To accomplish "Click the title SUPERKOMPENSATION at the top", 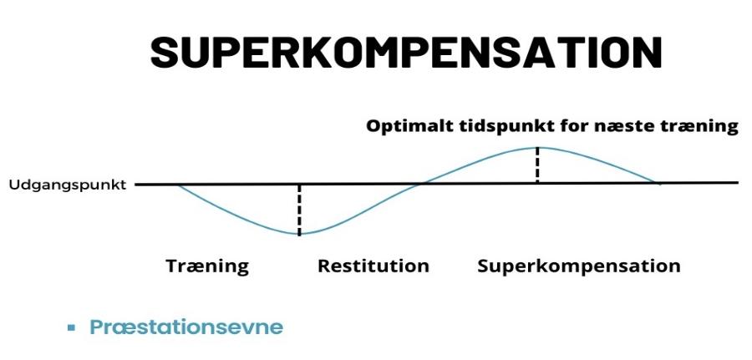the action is (406, 52).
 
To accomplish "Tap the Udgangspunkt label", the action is (67, 185).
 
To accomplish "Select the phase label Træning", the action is (207, 266).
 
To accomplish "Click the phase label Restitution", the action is (373, 266).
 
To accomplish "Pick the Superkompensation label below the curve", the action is (579, 266).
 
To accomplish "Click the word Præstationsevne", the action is (186, 327).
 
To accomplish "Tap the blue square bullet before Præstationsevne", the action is (72, 327).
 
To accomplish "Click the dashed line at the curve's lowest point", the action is (298, 209).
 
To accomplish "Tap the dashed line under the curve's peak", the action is (537, 165).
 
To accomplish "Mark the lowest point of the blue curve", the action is (298, 235).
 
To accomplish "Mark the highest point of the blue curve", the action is (537, 147).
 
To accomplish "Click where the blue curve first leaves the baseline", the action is (177, 184).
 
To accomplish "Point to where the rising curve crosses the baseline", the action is (424, 183).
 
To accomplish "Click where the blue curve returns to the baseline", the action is (660, 183).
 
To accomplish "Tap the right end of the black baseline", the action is (737, 182).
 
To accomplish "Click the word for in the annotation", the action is (556, 127).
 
